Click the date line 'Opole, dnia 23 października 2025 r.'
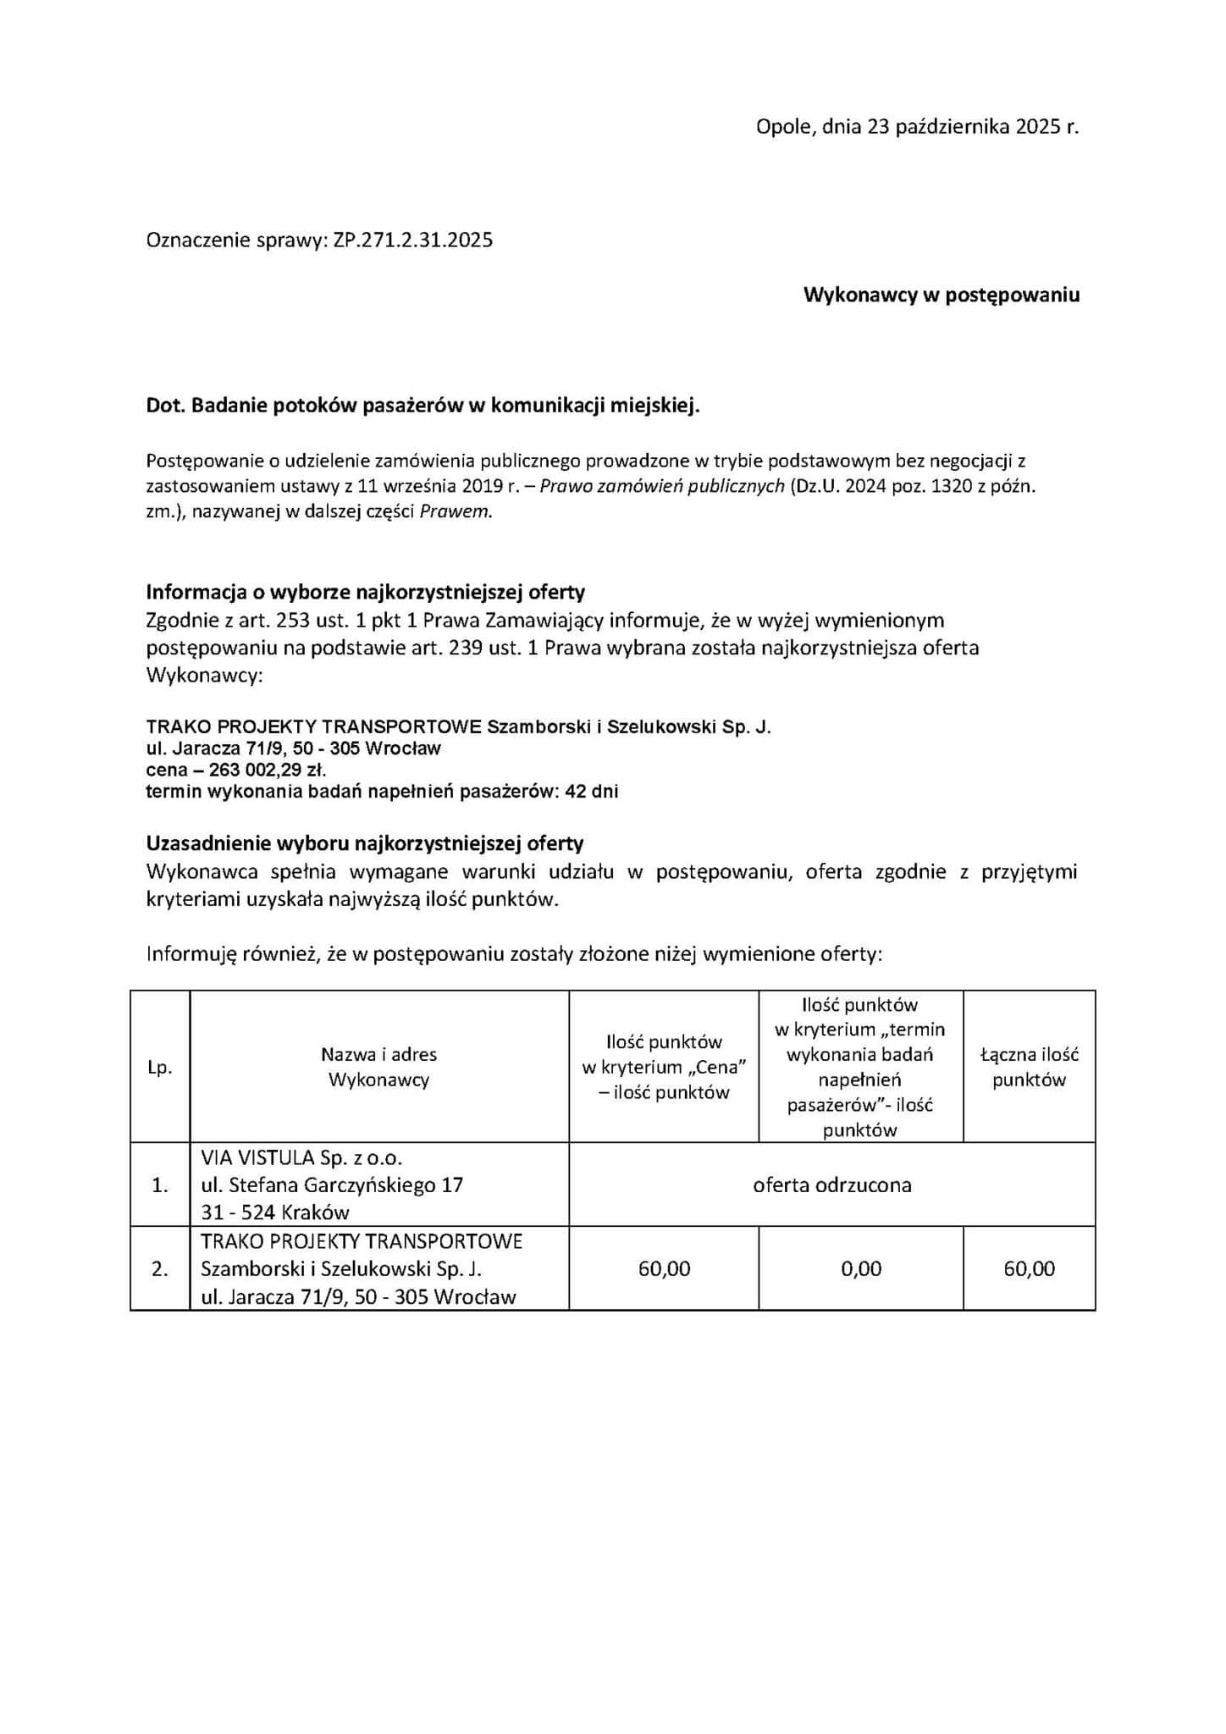click(917, 127)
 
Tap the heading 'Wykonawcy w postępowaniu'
click(941, 295)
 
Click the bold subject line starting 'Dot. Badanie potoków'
click(423, 406)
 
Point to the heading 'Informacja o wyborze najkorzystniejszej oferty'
click(365, 591)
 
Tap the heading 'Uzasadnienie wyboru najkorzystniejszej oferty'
click(365, 843)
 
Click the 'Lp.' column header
click(159, 1068)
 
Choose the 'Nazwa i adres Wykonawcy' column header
click(378, 1067)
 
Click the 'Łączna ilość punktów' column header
click(1029, 1067)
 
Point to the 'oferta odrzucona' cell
click(831, 1185)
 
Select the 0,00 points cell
click(860, 1268)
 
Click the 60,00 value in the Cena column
click(664, 1268)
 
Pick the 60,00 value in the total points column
click(1029, 1268)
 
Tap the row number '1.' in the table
click(159, 1185)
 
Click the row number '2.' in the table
click(159, 1269)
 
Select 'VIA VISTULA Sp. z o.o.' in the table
click(301, 1157)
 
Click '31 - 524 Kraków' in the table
click(275, 1212)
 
